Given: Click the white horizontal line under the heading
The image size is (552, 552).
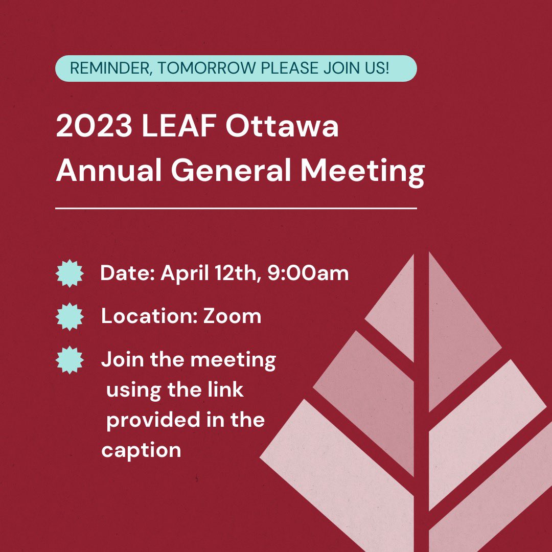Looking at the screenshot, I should pyautogui.click(x=236, y=209).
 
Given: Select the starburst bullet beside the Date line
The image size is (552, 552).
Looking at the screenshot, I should pyautogui.click(x=69, y=273).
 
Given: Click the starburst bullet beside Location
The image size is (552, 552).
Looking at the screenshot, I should pyautogui.click(x=69, y=316).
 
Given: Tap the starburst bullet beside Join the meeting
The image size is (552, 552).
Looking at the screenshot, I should pyautogui.click(x=69, y=359).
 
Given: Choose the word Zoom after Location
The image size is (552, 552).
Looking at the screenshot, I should pyautogui.click(x=233, y=316).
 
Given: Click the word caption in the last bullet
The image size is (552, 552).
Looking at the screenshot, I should pyautogui.click(x=141, y=450).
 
